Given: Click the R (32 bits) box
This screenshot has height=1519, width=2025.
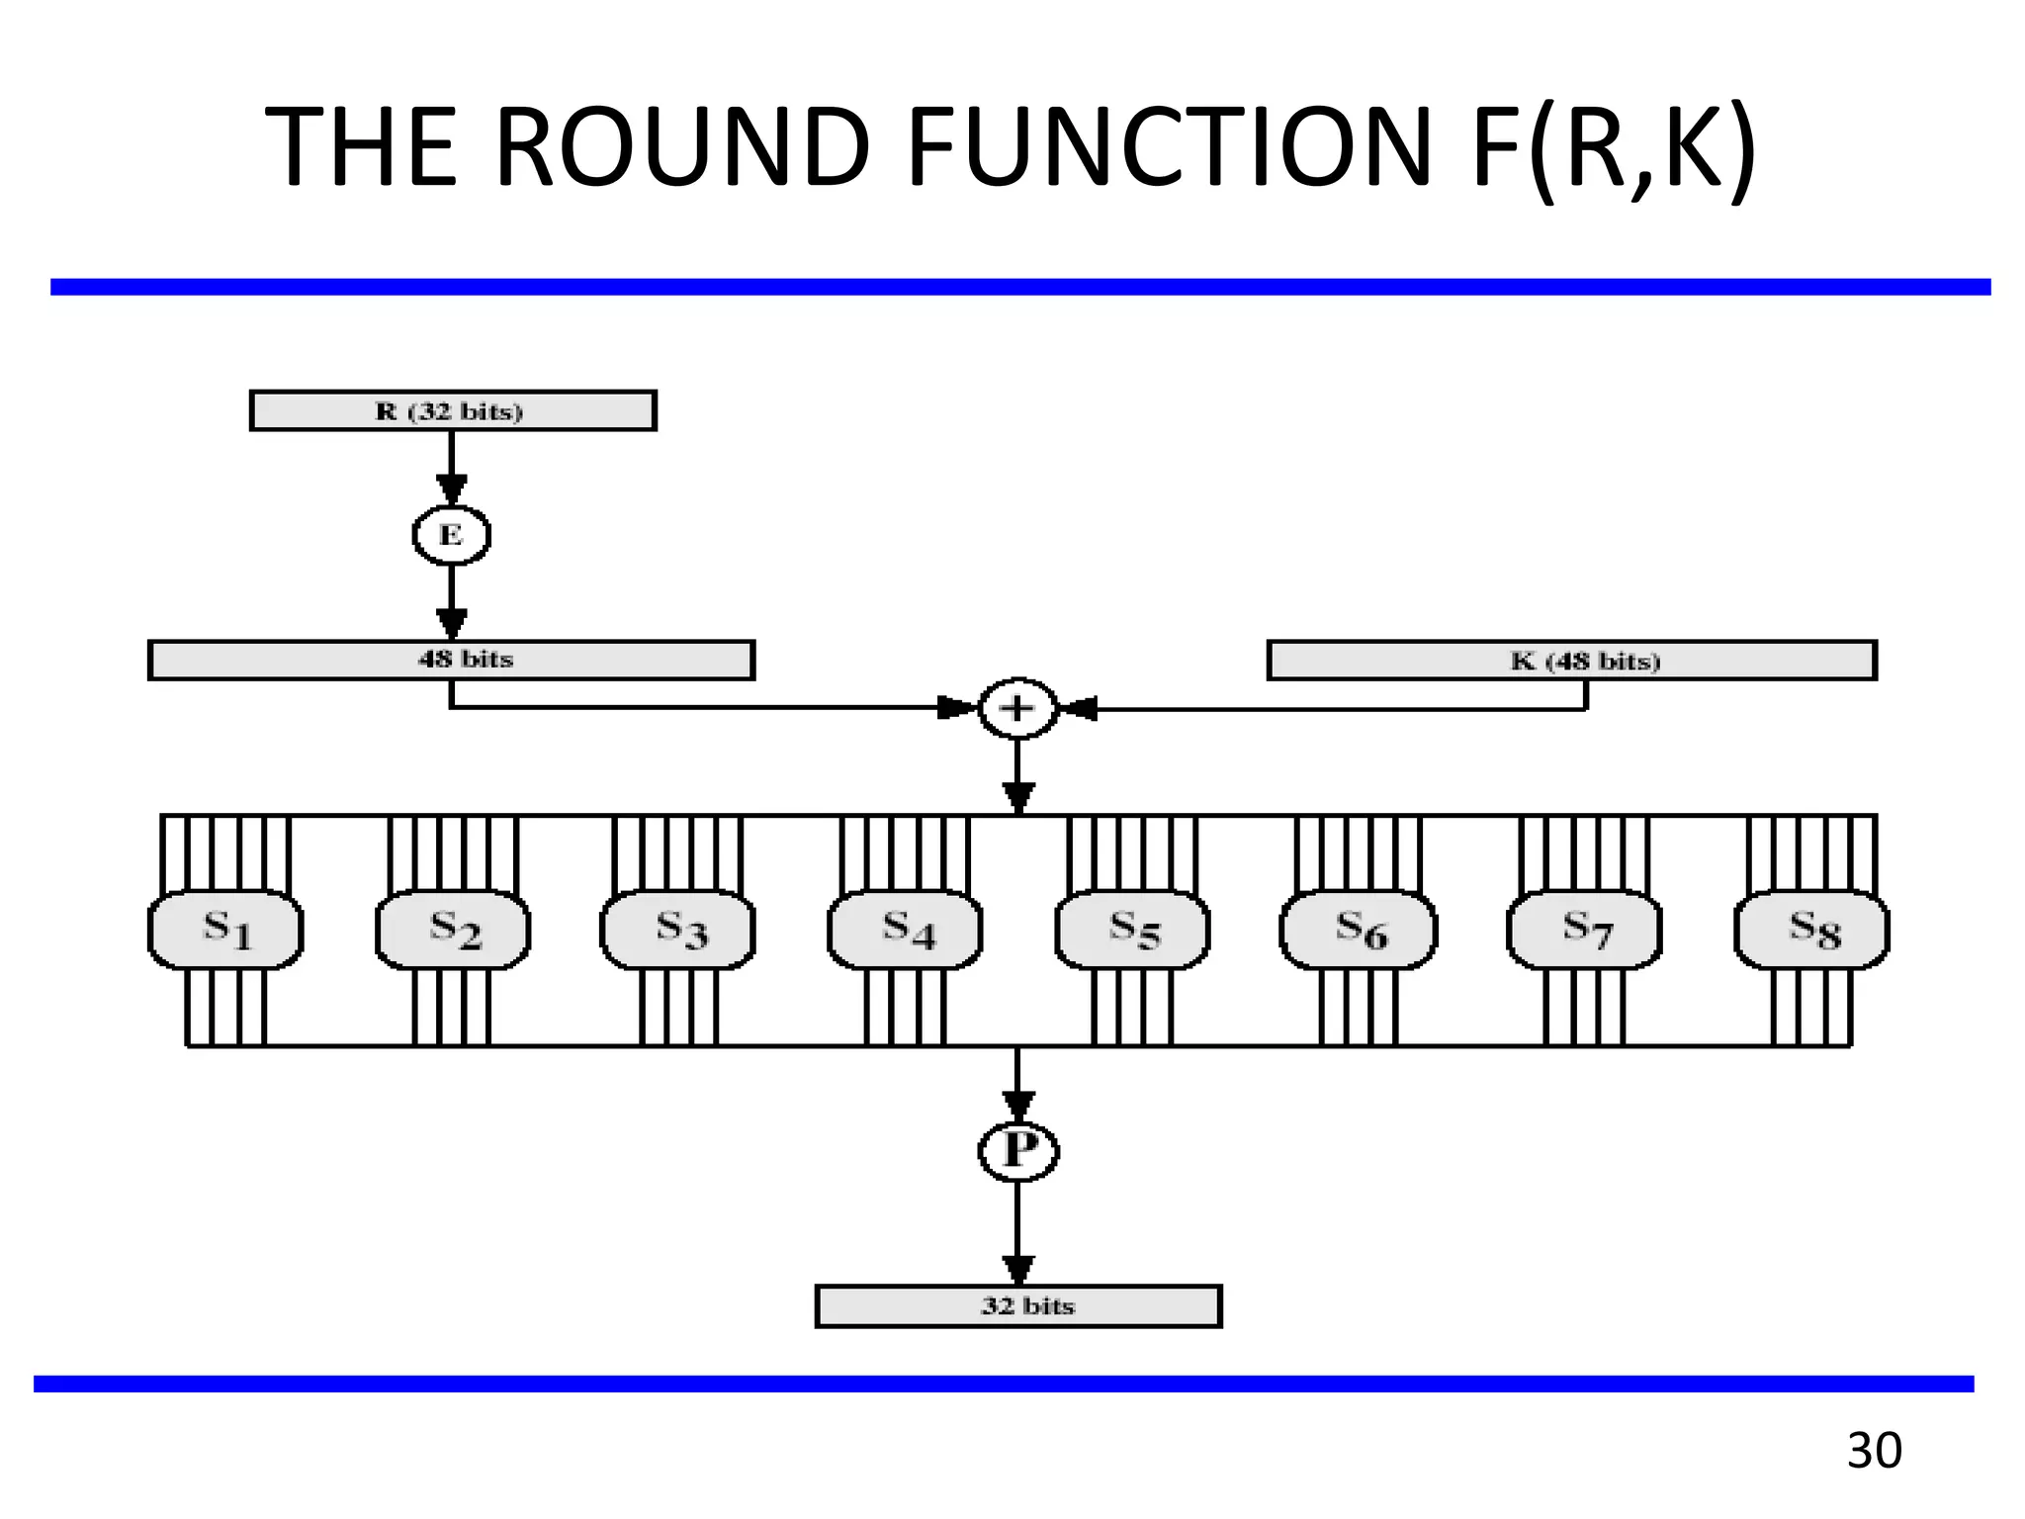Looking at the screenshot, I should (x=453, y=410).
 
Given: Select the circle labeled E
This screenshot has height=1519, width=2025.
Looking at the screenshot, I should (x=451, y=535).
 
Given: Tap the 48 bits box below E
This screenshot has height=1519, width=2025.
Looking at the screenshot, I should (x=451, y=660).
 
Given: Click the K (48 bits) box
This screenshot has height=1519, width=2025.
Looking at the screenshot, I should (x=1571, y=660).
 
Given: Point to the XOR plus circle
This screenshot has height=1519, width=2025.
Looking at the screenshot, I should (x=1017, y=708).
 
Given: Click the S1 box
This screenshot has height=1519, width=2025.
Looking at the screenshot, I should (x=225, y=930).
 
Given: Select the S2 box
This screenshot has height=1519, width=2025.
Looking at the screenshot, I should (x=453, y=930).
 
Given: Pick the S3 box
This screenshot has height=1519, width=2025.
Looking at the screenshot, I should (x=678, y=930).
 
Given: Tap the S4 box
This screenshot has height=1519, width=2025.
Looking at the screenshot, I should (x=905, y=930).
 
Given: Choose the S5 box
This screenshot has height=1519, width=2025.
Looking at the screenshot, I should (x=1132, y=930).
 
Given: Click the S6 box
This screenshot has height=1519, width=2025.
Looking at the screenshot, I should (x=1359, y=930).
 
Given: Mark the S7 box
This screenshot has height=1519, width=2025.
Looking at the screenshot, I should (x=1584, y=930).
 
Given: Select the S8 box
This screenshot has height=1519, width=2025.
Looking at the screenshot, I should (x=1811, y=930).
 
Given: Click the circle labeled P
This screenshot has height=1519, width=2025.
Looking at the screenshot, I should (x=1018, y=1151).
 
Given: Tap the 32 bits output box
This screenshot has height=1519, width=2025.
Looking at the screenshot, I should (x=1018, y=1305).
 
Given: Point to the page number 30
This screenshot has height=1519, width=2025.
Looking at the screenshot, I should (x=1874, y=1451).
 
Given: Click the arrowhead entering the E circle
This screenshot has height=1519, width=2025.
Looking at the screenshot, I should (x=452, y=490).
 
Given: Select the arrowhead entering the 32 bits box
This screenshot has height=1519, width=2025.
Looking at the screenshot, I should (x=1018, y=1270).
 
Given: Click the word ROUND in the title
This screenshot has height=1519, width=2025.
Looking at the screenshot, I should (x=682, y=148).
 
